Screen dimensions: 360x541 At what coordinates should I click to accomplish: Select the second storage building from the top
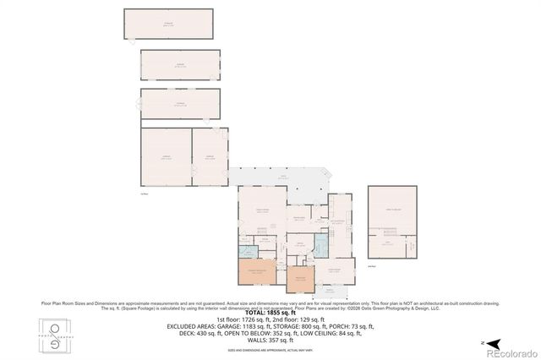coord(180,64)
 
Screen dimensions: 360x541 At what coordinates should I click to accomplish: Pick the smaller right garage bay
coord(210,156)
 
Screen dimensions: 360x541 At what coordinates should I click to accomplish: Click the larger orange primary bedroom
coord(255,275)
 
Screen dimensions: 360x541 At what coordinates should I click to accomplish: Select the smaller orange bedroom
coord(301,281)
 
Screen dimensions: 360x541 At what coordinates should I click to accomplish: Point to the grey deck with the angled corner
coord(283,178)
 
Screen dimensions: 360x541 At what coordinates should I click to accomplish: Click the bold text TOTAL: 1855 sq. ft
coord(270,312)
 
